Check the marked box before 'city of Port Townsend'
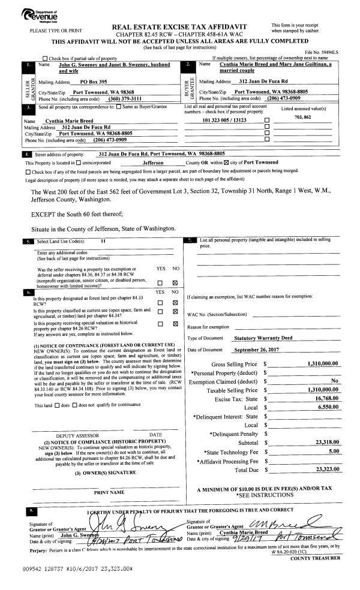(x=227, y=162)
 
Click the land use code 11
(x=103, y=240)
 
